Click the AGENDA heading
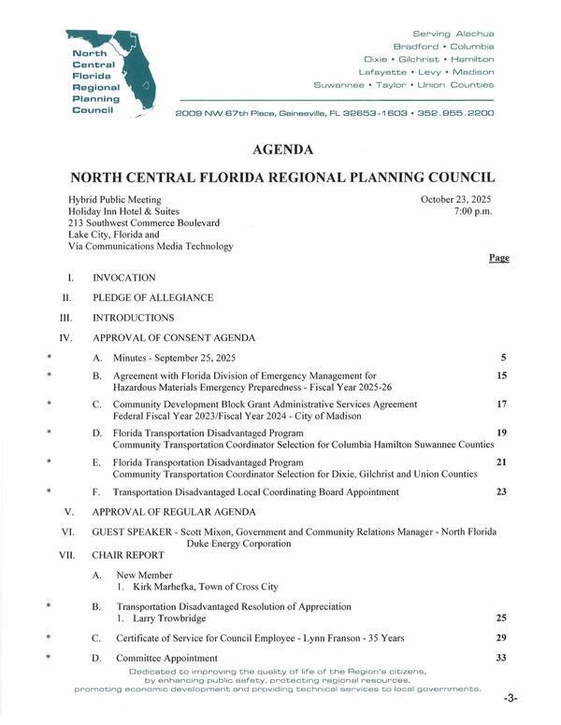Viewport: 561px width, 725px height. pos(282,149)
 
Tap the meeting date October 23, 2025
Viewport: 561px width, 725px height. pos(456,200)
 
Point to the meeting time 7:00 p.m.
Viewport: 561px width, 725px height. pos(472,212)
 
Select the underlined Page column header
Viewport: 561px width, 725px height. pos(498,257)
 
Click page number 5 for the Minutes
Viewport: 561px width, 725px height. pos(503,358)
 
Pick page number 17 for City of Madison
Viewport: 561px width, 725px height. pos(501,405)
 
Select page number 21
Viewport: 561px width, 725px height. pos(501,462)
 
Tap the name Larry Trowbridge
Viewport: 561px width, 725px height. pos(163,619)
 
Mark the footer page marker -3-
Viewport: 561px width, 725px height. pos(510,699)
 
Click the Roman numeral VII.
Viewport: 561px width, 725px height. pos(66,553)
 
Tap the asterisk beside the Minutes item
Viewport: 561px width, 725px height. pos(47,358)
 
